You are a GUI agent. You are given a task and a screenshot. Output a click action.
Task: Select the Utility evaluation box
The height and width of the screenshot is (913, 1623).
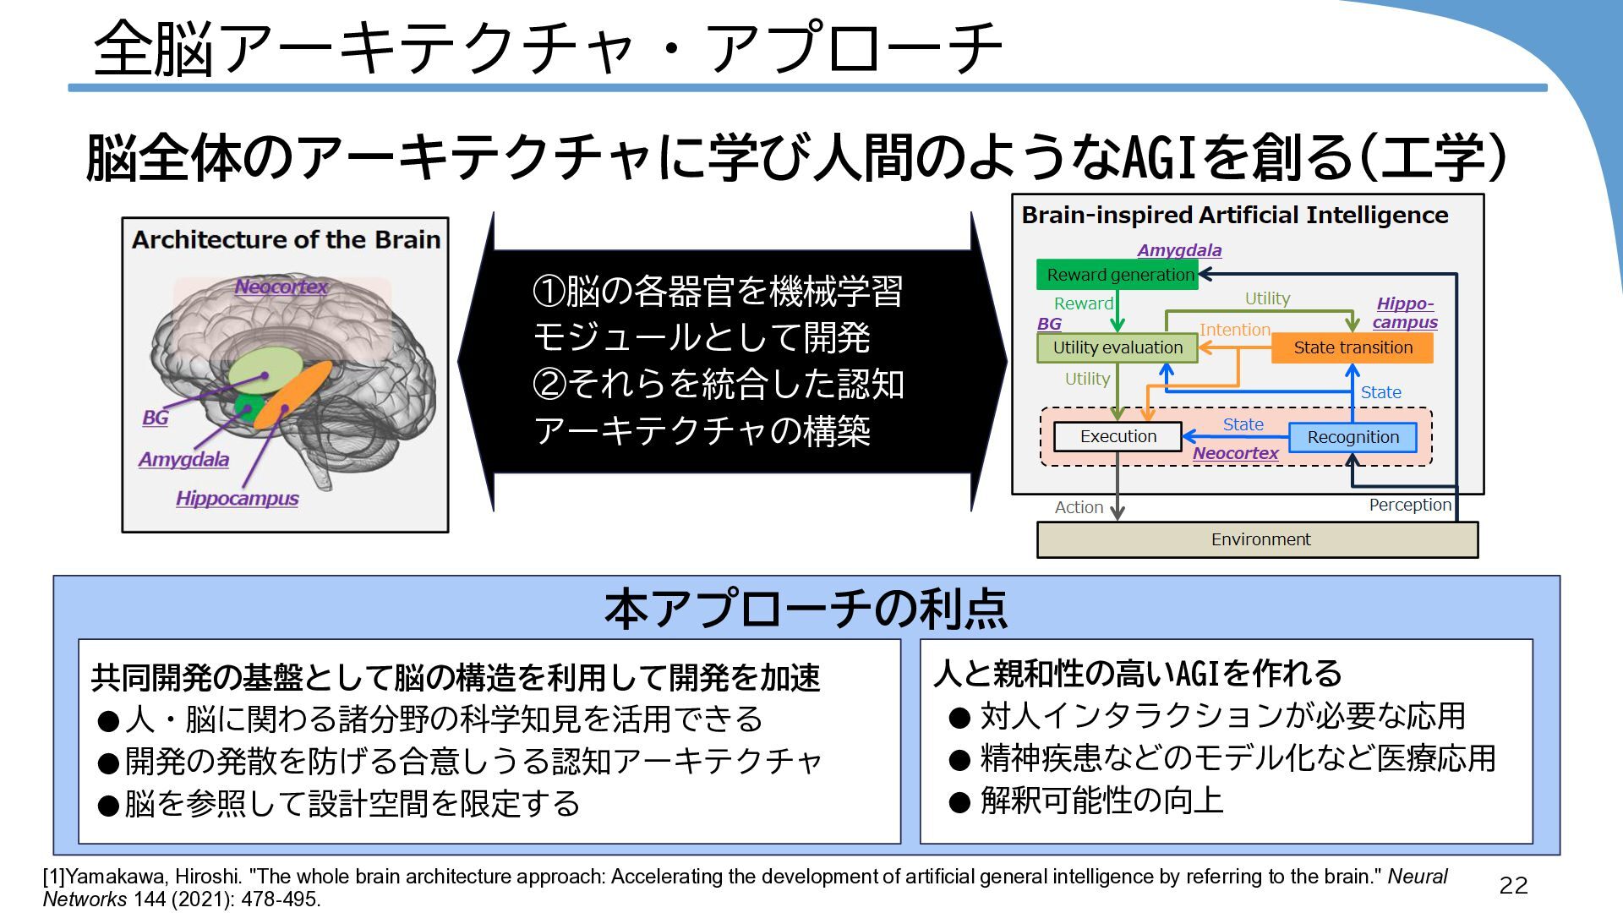click(x=1117, y=347)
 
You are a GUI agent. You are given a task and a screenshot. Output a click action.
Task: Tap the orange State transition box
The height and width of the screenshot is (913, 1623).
click(x=1352, y=347)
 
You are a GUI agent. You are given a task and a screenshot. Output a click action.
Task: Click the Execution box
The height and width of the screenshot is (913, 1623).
click(x=1118, y=436)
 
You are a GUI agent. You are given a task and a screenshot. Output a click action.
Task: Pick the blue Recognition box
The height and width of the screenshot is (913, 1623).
click(x=1352, y=437)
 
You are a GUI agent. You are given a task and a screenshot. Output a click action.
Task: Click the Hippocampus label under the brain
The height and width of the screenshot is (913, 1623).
click(x=237, y=499)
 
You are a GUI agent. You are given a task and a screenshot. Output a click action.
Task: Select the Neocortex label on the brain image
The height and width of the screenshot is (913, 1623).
click(x=281, y=287)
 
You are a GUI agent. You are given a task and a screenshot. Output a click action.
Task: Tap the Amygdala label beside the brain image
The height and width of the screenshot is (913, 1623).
click(x=183, y=460)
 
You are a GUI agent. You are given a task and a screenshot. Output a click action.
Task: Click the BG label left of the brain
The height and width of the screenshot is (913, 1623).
click(x=155, y=418)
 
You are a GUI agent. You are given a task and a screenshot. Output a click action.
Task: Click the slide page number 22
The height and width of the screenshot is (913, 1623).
click(x=1513, y=885)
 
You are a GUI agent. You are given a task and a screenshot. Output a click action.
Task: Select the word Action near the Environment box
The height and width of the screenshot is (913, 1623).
click(x=1079, y=507)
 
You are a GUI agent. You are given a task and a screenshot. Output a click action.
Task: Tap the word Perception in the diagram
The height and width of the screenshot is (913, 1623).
click(x=1409, y=505)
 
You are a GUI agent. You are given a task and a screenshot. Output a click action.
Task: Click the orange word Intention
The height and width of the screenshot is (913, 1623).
click(x=1234, y=330)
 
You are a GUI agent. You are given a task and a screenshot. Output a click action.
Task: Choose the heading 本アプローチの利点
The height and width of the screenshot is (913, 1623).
click(x=806, y=609)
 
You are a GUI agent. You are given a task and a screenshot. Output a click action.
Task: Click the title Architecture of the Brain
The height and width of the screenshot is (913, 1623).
click(x=286, y=240)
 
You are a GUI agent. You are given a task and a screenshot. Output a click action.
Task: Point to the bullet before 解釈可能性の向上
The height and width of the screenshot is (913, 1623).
click(x=959, y=801)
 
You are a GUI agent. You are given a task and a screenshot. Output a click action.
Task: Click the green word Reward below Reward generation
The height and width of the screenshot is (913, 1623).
click(x=1083, y=303)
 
